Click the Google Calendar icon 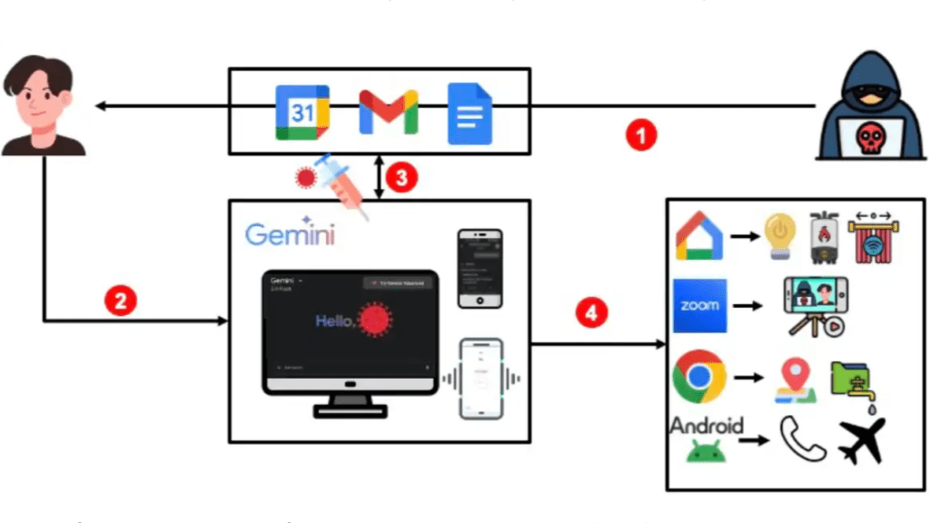click(x=302, y=113)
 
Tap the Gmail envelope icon click(x=388, y=113)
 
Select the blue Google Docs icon click(x=470, y=113)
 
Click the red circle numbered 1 click(x=641, y=136)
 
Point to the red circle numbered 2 click(x=120, y=300)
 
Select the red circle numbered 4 click(x=591, y=314)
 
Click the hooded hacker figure click(x=866, y=104)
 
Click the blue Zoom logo click(x=699, y=306)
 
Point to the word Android click(x=707, y=425)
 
